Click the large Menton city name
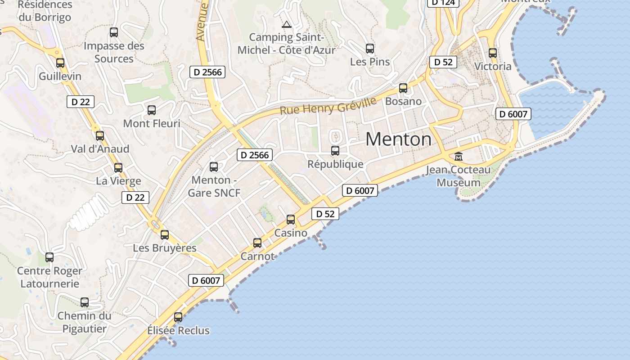click(x=398, y=139)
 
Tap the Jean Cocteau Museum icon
click(x=459, y=157)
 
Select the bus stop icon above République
click(x=335, y=151)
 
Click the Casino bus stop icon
click(x=291, y=220)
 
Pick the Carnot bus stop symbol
click(x=257, y=243)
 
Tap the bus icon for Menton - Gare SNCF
click(x=214, y=167)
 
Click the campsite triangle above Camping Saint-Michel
click(x=286, y=24)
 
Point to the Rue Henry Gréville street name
click(x=328, y=106)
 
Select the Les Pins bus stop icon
click(x=370, y=48)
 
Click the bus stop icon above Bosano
click(x=403, y=88)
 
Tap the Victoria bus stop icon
click(x=493, y=53)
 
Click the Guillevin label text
click(x=60, y=76)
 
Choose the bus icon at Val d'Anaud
click(x=100, y=135)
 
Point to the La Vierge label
click(x=118, y=181)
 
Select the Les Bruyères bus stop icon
click(x=165, y=234)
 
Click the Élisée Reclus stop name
click(x=179, y=330)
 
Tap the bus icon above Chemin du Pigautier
click(x=85, y=302)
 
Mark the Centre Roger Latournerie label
click(x=49, y=277)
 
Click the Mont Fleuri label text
click(x=152, y=123)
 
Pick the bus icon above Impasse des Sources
click(x=114, y=32)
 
